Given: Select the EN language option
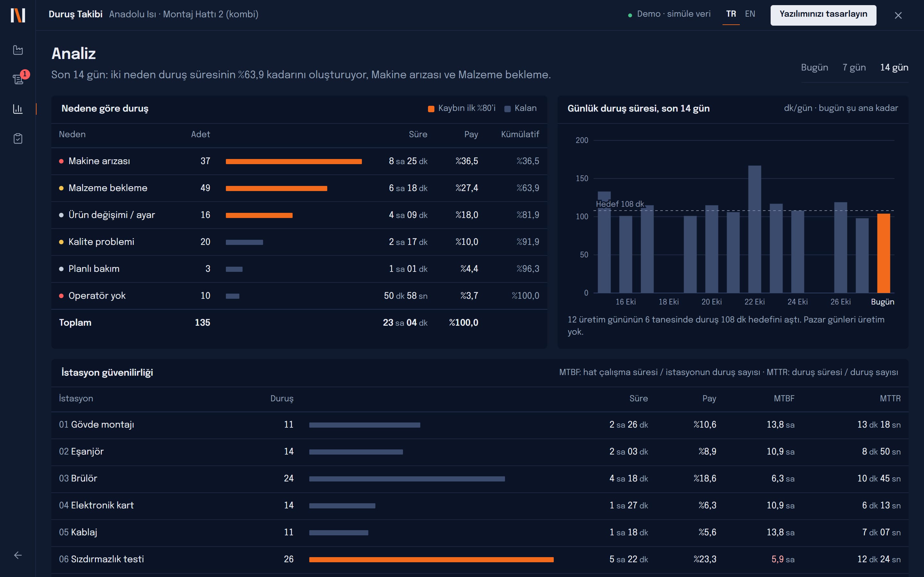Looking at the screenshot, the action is [x=750, y=14].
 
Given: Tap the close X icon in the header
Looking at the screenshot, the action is [x=898, y=15].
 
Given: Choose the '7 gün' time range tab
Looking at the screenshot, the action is [x=854, y=68].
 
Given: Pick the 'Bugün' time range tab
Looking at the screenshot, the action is [x=814, y=68].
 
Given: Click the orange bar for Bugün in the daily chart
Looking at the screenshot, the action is [x=884, y=253].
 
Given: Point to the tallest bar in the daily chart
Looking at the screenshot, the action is [x=755, y=229].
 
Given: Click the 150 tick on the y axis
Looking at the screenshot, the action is [x=582, y=178].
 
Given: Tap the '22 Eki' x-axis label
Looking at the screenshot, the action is [x=755, y=302].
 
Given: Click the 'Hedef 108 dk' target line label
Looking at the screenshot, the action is [x=620, y=204].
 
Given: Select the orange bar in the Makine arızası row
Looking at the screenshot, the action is [x=294, y=162].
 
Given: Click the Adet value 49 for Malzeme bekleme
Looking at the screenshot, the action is [x=205, y=188].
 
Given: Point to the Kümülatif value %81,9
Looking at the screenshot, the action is [x=528, y=215].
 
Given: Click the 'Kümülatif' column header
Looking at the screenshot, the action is [x=520, y=134].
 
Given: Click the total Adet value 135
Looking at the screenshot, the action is [x=202, y=322].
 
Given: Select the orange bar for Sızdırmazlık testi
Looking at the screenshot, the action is [x=432, y=559].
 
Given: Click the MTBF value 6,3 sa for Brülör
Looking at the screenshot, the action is [x=783, y=479].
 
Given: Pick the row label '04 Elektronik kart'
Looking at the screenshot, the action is [x=96, y=505].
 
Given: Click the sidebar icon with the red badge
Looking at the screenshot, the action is [x=18, y=79].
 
